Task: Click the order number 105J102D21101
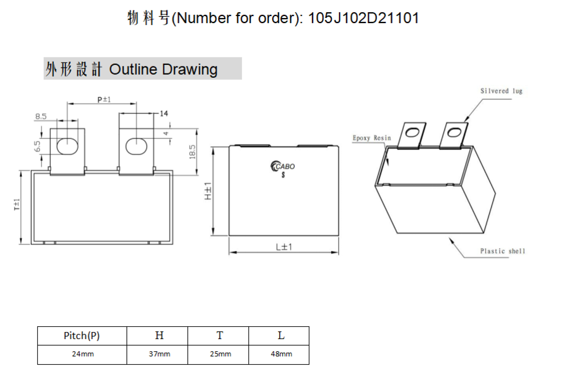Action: (363, 18)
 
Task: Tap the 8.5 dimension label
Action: (41, 116)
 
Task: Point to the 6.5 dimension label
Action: (37, 146)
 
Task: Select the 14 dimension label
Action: (163, 113)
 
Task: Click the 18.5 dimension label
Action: (192, 152)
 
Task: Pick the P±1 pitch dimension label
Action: (104, 100)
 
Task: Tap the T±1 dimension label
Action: (17, 205)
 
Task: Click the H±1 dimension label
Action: (208, 191)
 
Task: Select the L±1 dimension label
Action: (284, 247)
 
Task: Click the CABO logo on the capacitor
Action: (282, 167)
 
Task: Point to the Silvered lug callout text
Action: (501, 91)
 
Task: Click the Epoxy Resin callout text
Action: (371, 138)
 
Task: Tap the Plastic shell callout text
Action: (502, 251)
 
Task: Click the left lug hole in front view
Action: (68, 145)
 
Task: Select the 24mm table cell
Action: (83, 354)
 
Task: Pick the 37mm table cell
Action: (160, 354)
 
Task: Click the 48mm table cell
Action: (281, 354)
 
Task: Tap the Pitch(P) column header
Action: (82, 336)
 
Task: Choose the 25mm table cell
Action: (221, 354)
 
